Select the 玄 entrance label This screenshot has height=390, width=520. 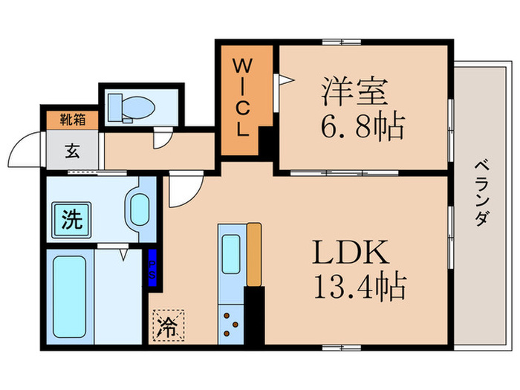click(x=72, y=149)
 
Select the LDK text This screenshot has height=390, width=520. click(x=349, y=254)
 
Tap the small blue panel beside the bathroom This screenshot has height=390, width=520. click(x=152, y=268)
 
